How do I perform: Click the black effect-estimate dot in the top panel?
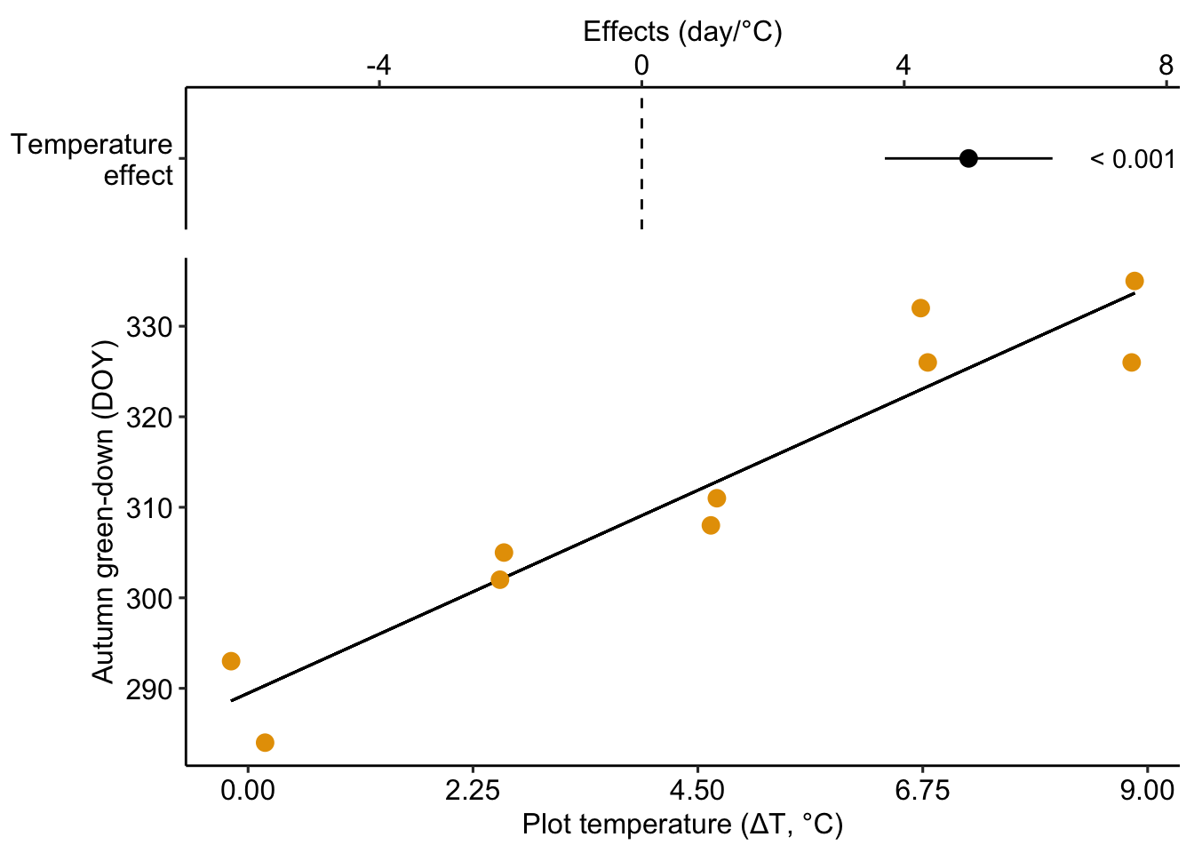tap(968, 158)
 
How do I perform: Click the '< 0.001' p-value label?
tap(1132, 159)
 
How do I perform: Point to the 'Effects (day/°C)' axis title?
tap(682, 32)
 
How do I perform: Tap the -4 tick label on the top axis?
tap(378, 65)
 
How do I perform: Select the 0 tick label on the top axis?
tap(641, 65)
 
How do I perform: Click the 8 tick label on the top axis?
tap(1166, 65)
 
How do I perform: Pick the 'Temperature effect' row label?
tap(92, 160)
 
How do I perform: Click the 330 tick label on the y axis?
tap(148, 327)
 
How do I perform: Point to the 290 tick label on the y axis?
tap(148, 689)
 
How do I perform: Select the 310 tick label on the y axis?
tap(148, 508)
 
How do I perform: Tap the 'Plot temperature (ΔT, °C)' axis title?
tap(682, 825)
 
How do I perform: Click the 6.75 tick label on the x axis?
tap(922, 790)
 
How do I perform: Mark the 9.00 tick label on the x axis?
tap(1147, 790)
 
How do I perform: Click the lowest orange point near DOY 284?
tap(265, 742)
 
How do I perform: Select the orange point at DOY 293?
tap(231, 661)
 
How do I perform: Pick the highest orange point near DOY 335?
tap(1134, 281)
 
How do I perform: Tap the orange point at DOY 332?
tap(920, 308)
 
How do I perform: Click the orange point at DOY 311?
tap(717, 498)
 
